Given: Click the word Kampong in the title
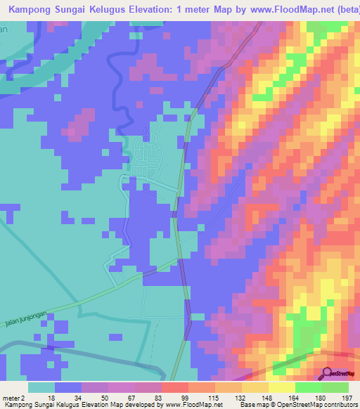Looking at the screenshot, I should tap(32, 11).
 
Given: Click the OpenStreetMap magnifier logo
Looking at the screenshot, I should tap(328, 373).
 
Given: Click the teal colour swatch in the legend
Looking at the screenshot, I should tap(41, 387).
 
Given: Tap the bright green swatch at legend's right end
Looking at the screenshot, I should tap(335, 387).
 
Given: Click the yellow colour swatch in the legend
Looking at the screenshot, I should tap(282, 387).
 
